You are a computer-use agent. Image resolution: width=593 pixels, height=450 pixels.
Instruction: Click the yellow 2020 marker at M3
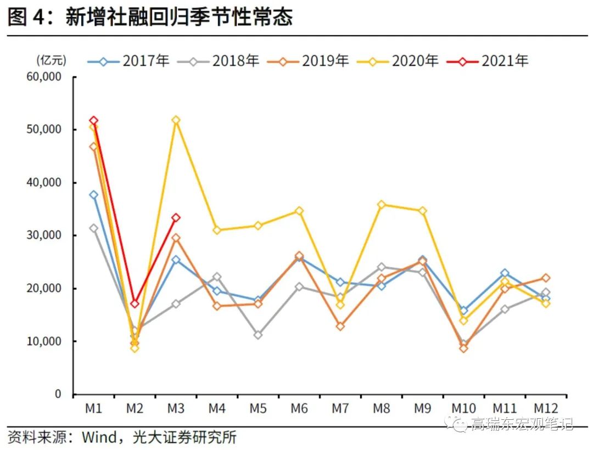[176, 120]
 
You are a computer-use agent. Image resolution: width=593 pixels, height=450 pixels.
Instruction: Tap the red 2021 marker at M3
[176, 218]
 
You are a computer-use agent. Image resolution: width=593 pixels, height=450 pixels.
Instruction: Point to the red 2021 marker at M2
[135, 303]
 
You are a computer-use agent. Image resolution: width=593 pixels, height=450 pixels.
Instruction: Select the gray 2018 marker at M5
[258, 335]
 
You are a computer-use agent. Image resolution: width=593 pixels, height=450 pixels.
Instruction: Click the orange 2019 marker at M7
[340, 326]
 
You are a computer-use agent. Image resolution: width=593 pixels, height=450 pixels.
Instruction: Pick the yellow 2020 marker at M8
[381, 205]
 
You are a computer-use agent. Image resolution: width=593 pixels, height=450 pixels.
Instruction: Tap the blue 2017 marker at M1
[93, 195]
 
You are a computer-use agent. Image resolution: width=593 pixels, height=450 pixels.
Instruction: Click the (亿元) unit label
[51, 59]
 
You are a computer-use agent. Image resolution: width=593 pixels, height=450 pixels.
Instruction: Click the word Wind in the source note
[99, 437]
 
